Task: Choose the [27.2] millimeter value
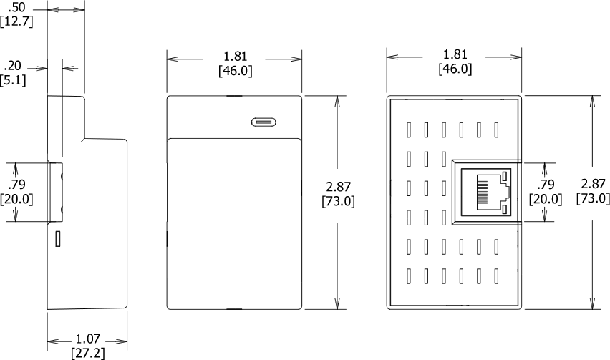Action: click(x=87, y=353)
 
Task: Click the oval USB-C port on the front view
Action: click(x=263, y=121)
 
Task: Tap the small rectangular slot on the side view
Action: click(x=58, y=238)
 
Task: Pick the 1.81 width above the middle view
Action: click(x=235, y=56)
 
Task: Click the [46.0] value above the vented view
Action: click(x=455, y=69)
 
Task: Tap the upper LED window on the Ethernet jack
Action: click(x=505, y=175)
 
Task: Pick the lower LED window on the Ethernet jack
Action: click(x=505, y=209)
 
